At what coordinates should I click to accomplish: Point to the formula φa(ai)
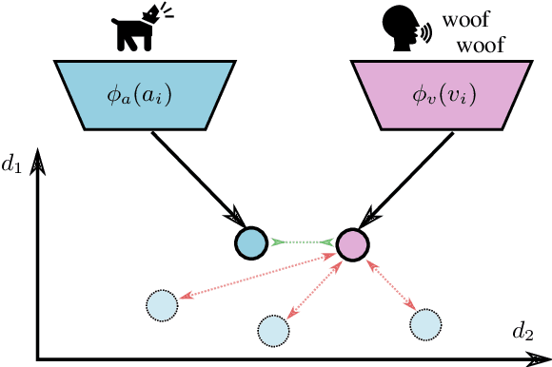(x=140, y=96)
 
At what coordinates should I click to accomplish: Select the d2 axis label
(x=522, y=331)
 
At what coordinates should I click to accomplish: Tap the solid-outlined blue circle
(x=251, y=242)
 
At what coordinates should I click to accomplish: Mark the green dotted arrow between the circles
(x=302, y=243)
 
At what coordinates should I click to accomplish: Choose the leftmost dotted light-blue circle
(x=163, y=305)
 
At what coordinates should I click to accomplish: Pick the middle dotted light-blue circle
(x=273, y=329)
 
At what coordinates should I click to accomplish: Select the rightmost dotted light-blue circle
(x=425, y=324)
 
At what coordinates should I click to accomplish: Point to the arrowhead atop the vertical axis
(x=38, y=162)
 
